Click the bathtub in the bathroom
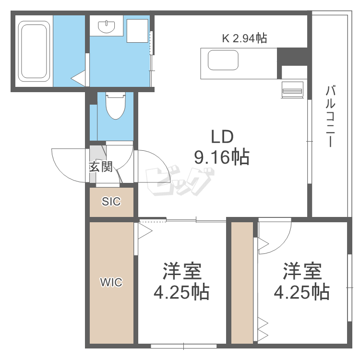[34, 51]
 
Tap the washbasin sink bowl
[106, 26]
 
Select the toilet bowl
[116, 106]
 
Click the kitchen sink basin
[223, 60]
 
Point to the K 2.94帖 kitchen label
[244, 38]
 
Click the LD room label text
[222, 137]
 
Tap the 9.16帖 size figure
[222, 157]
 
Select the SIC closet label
[111, 201]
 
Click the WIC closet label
[111, 282]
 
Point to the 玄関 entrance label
[101, 167]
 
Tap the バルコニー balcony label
[331, 116]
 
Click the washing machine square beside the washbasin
[137, 31]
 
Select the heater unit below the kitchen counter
[292, 90]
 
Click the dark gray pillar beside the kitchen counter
[292, 57]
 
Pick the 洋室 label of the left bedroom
[182, 271]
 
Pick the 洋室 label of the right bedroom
[302, 271]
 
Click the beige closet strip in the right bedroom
[242, 283]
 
